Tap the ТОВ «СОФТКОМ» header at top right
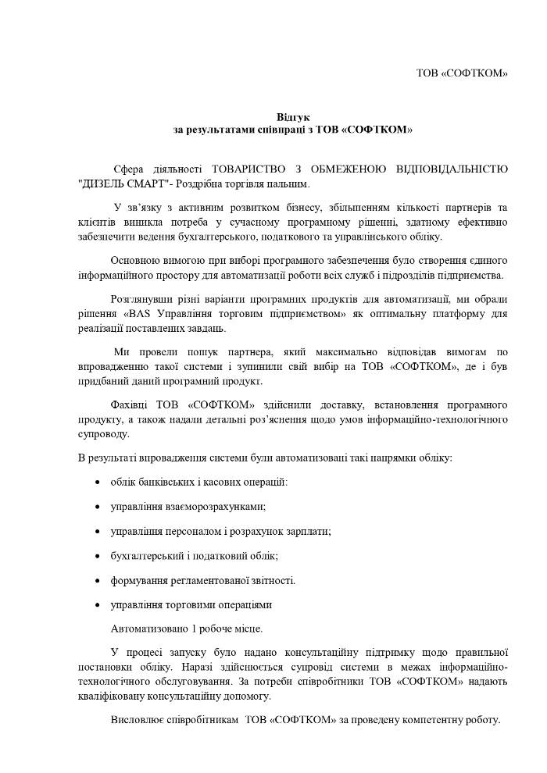461,73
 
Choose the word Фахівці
130,404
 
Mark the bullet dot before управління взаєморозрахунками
96,507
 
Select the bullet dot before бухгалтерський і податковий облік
96,556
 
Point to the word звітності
273,580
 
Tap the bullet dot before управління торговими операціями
96,605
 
